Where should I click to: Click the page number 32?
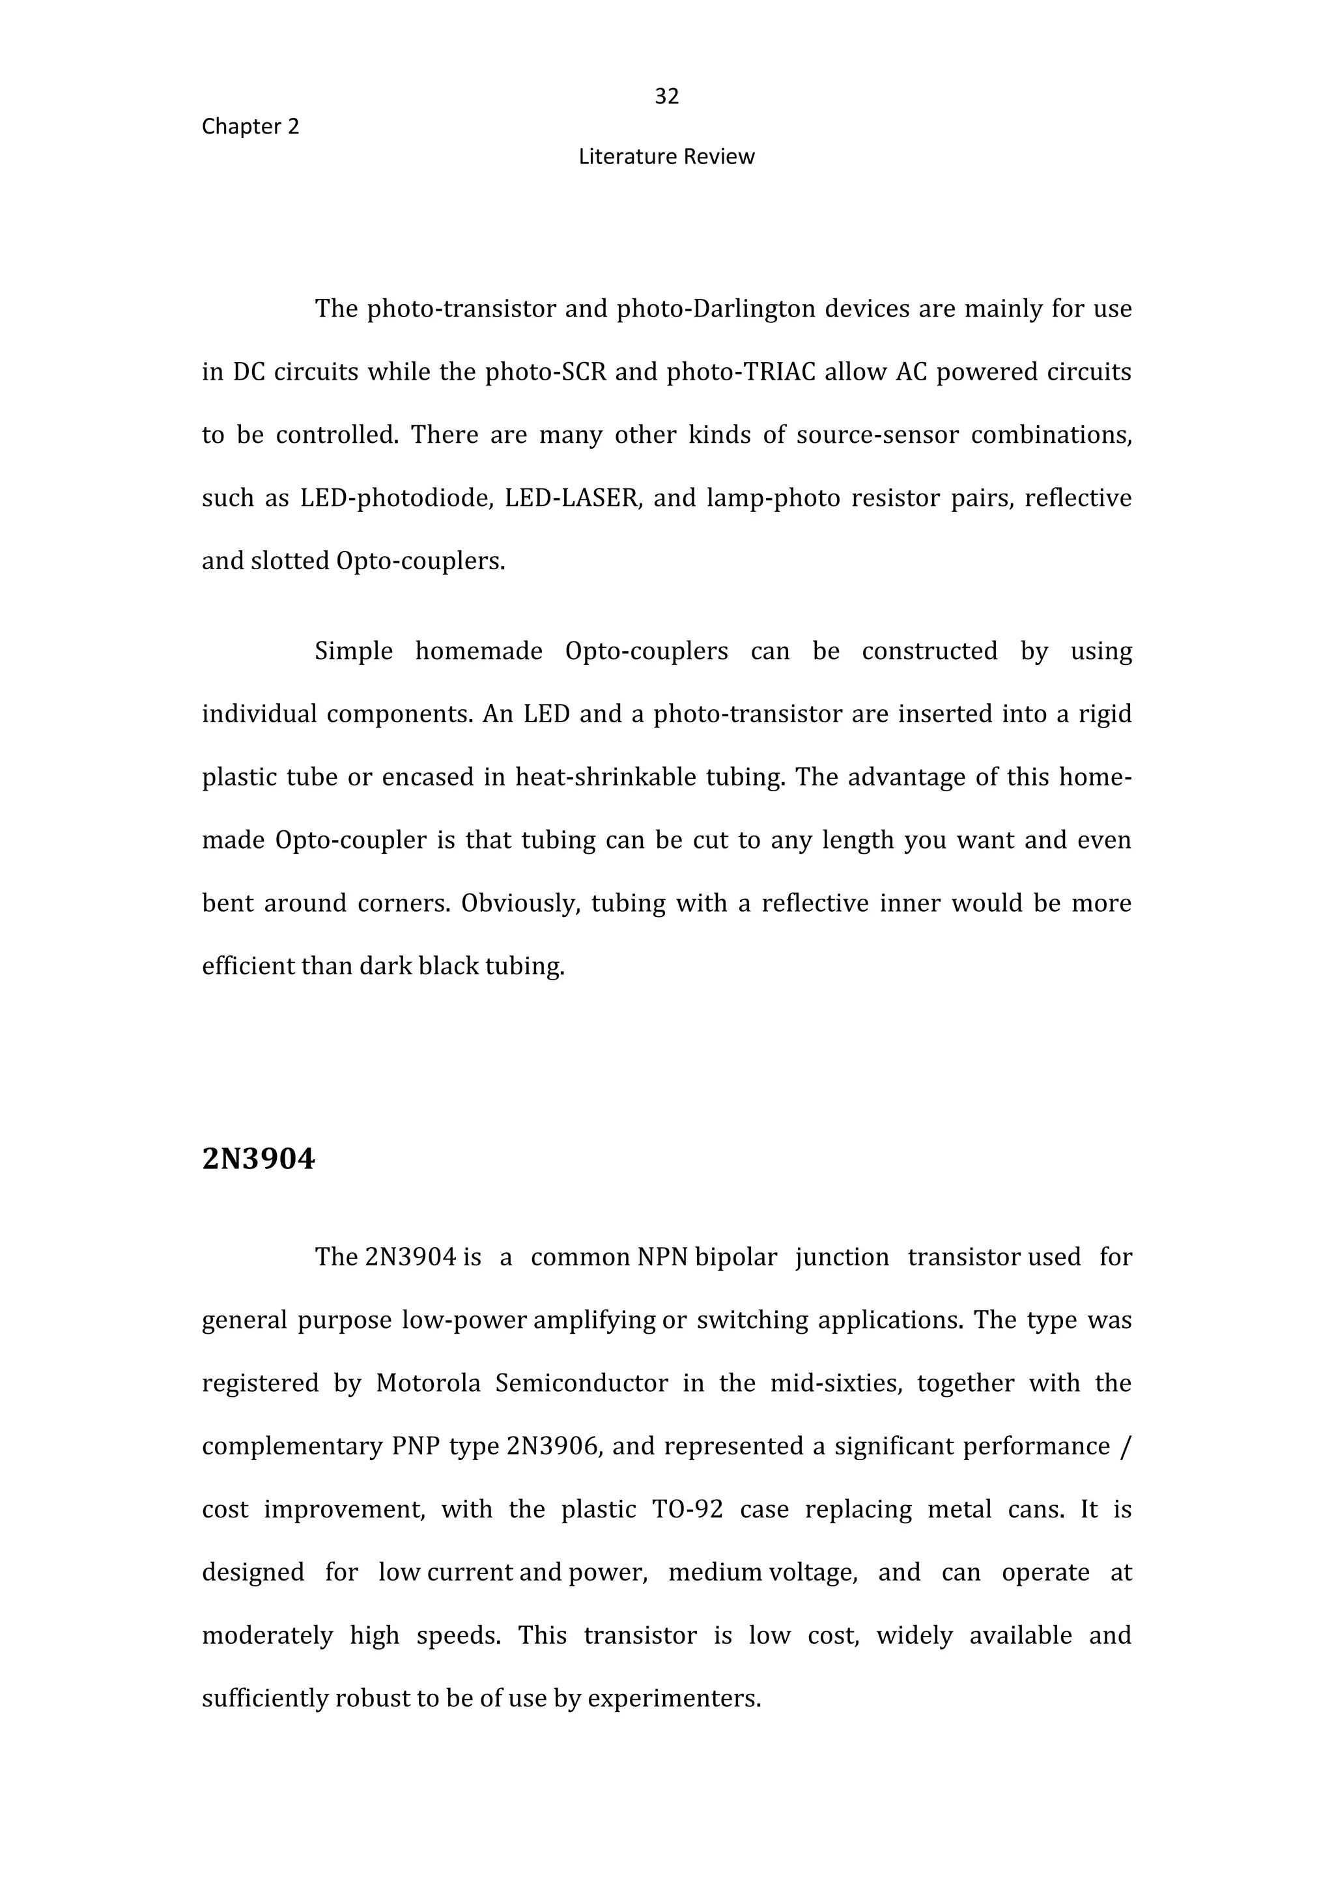[666, 97]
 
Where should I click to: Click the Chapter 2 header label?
[251, 126]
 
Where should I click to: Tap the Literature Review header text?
[666, 157]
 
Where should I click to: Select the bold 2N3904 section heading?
[258, 1159]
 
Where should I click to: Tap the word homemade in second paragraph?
[479, 651]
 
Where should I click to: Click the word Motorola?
[428, 1383]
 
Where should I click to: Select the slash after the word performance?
[1124, 1446]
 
